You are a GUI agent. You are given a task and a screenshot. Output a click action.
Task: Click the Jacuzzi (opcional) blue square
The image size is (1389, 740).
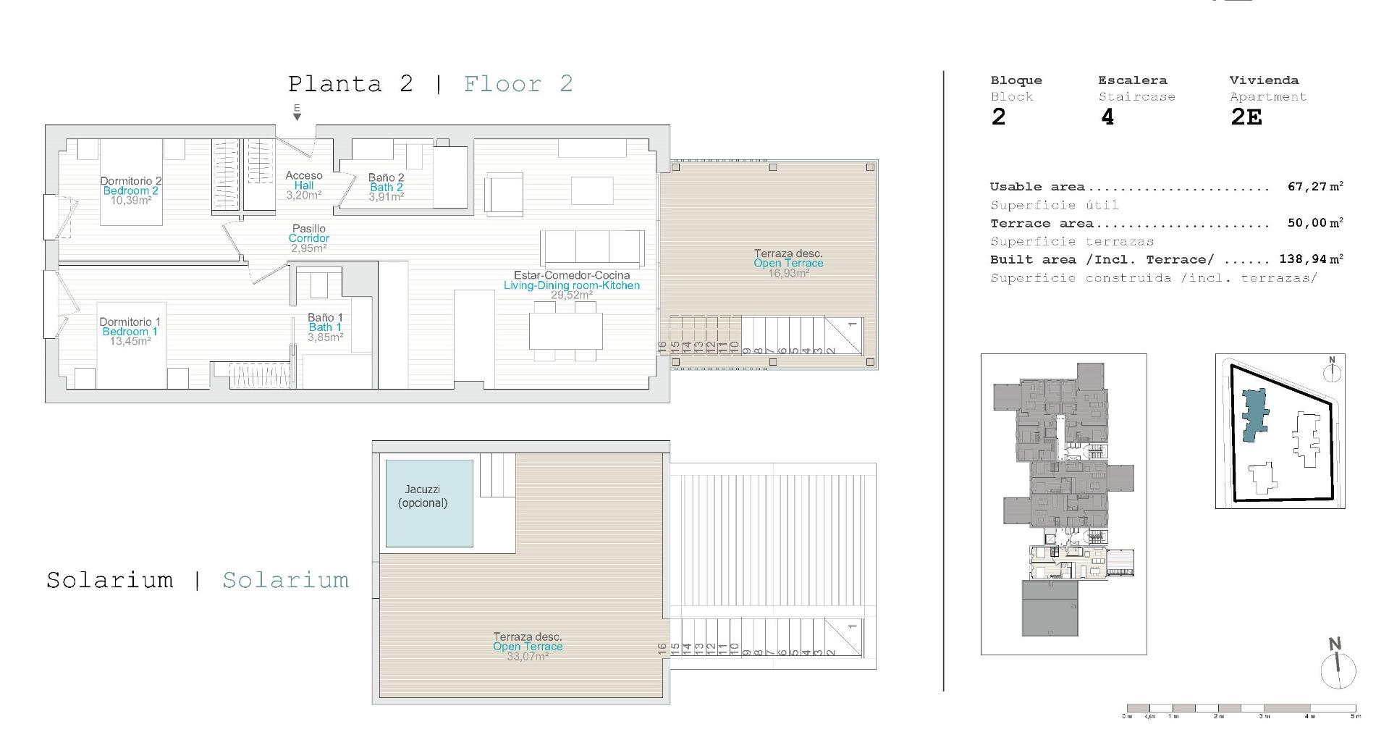[x=429, y=503]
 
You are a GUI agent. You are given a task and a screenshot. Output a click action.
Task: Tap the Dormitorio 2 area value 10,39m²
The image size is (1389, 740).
[x=131, y=201]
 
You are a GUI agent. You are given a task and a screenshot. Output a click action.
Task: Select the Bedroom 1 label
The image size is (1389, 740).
[x=130, y=332]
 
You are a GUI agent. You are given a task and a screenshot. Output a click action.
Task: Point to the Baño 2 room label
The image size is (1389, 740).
[x=387, y=177]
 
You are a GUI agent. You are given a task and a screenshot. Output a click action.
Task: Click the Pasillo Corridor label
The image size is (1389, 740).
[x=309, y=233]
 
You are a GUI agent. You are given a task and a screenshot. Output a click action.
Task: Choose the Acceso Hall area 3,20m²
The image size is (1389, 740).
[x=304, y=195]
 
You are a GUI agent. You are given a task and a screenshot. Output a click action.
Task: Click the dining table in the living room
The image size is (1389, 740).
[x=565, y=332]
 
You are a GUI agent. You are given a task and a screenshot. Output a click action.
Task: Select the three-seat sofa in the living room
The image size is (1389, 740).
[x=592, y=248]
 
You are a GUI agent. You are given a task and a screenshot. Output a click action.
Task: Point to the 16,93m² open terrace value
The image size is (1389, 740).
[x=789, y=273]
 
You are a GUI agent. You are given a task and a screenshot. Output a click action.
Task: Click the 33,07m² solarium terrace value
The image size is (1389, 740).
[x=528, y=656]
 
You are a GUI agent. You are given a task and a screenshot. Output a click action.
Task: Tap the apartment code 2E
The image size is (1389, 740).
[x=1246, y=117]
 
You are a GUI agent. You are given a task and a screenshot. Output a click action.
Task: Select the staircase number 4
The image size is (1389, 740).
[x=1107, y=117]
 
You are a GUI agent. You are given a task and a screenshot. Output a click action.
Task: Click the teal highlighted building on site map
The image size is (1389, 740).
[x=1254, y=415]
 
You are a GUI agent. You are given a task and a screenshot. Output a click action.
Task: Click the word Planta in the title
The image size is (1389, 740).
[x=335, y=84]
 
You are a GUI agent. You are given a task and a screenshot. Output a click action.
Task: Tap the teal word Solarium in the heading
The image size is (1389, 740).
[x=286, y=580]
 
